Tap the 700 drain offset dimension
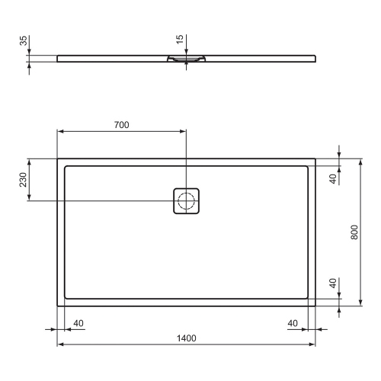pos(121,124)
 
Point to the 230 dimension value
pos(24,180)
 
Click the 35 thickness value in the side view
pos(24,41)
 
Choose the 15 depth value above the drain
pos(180,39)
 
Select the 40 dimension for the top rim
pos(333,179)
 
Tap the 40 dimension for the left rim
pos(78,323)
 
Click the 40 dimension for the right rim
pos(293,323)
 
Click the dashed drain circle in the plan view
pos(186,201)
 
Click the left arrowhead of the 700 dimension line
pos(61,131)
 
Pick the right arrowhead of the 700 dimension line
pos(183,131)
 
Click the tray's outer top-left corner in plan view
pos(58,159)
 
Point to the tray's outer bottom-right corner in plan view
pos(316,306)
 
